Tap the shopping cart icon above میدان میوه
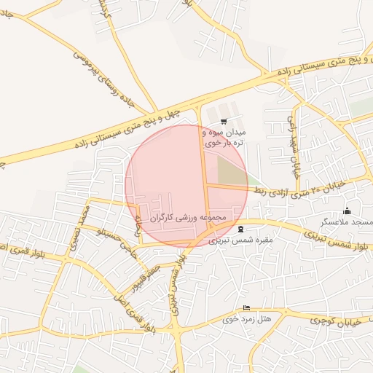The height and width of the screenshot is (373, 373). [x=223, y=122]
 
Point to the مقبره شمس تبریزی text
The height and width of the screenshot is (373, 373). [x=240, y=239]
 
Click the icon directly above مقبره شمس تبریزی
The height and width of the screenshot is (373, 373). [x=241, y=229]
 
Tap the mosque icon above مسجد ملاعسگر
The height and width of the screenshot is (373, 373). [x=346, y=211]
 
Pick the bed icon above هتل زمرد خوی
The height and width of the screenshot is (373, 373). [x=246, y=308]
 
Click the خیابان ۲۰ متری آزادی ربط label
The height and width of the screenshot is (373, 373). [x=290, y=190]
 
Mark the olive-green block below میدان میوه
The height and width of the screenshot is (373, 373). [x=232, y=171]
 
